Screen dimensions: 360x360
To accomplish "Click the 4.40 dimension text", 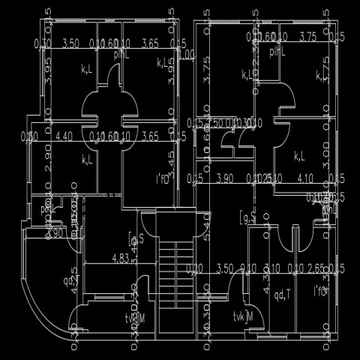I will click(65, 136).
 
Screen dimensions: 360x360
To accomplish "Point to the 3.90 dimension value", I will click(224, 178).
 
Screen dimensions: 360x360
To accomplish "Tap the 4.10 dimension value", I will click(304, 178).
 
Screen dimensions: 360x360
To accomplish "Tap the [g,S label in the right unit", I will click(247, 218).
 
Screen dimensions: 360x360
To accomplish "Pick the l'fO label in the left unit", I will click(164, 178).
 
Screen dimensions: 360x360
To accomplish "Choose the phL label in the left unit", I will click(121, 55).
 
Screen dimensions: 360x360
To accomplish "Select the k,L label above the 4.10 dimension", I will click(299, 156).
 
